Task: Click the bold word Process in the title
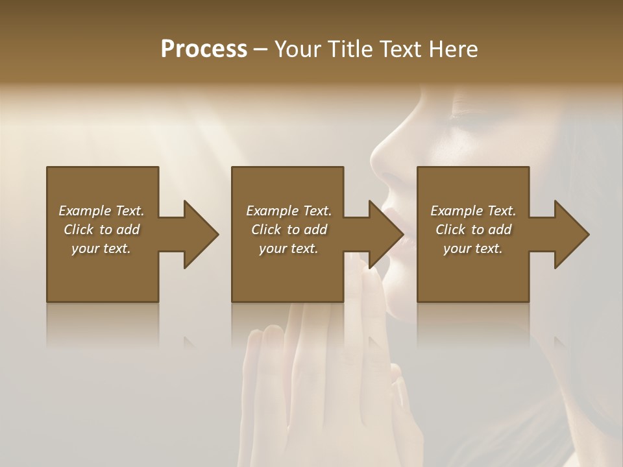(204, 49)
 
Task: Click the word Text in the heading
(402, 49)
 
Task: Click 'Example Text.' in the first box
(101, 211)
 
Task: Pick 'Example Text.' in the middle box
(288, 211)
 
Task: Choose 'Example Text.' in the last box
(473, 211)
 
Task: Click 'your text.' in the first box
(101, 248)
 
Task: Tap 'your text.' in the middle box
(288, 248)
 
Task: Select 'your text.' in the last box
(473, 248)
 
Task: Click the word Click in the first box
(79, 230)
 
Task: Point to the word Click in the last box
(451, 230)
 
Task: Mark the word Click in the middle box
(266, 230)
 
